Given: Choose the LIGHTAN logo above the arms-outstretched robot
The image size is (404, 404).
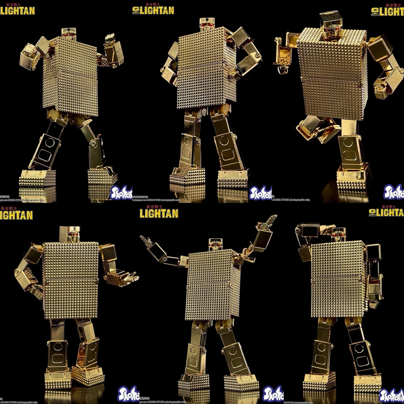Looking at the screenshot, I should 159,213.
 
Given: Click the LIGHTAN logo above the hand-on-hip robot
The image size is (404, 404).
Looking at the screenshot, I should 153,10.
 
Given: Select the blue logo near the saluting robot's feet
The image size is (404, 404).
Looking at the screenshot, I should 391,395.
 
